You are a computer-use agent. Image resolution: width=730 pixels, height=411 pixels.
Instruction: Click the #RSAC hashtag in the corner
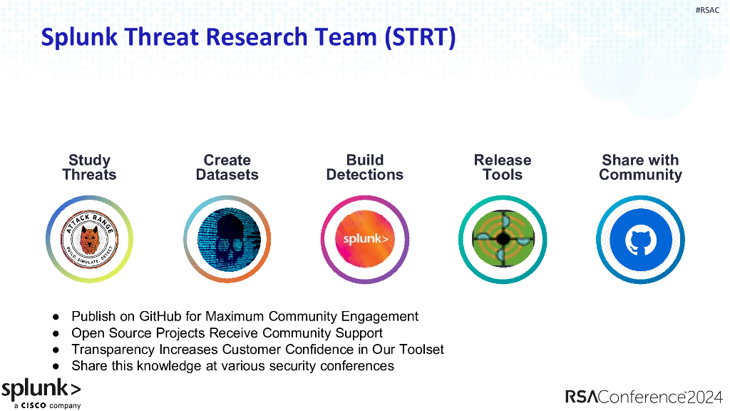point(707,10)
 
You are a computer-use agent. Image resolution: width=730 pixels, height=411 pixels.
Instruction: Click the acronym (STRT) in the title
point(420,37)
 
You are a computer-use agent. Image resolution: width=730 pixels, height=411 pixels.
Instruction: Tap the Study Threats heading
point(89,168)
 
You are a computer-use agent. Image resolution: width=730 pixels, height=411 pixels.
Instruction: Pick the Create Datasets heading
point(227,168)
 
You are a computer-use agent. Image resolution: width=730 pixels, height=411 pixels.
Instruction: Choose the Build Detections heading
point(364,168)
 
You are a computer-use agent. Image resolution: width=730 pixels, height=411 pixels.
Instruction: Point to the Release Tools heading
point(503,168)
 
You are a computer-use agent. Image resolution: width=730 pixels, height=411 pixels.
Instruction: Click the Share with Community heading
point(640,168)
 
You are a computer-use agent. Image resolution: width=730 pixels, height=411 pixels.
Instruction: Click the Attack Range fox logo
point(89,239)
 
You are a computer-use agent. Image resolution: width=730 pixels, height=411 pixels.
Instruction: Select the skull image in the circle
point(227,239)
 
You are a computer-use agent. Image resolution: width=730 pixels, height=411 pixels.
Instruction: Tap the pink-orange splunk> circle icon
point(365,239)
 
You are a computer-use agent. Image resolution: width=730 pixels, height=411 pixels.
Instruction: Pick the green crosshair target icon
point(503,239)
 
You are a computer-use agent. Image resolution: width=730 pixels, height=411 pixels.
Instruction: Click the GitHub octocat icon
point(640,240)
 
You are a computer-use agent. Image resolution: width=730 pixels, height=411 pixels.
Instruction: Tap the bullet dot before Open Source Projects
point(56,333)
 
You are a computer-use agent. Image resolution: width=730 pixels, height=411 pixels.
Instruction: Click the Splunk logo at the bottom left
point(41,390)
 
